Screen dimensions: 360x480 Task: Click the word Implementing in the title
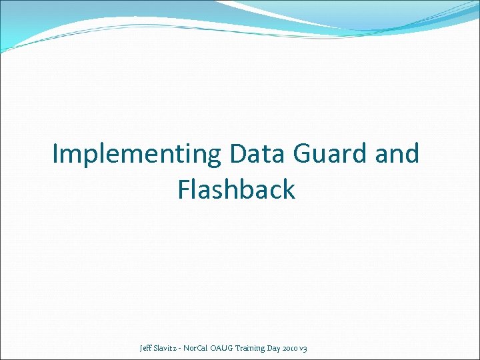(x=137, y=155)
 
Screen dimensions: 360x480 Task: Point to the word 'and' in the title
(x=397, y=154)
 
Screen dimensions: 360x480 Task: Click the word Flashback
(x=236, y=190)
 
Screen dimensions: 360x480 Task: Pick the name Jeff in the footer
(x=146, y=348)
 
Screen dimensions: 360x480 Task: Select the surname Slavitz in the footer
(x=168, y=348)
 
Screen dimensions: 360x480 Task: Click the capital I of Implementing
(x=56, y=154)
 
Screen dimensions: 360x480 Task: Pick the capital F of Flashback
(x=184, y=190)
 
